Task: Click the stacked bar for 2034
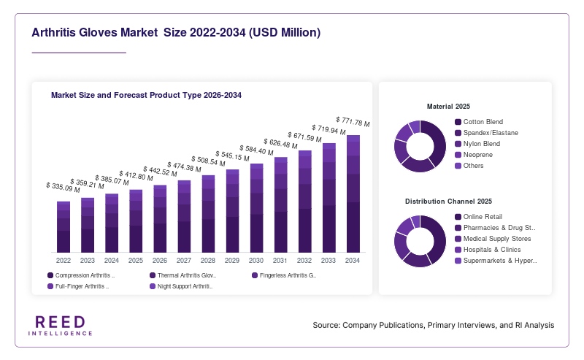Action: point(353,194)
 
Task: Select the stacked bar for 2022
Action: point(64,227)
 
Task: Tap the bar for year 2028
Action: point(208,214)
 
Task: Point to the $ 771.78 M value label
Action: point(353,122)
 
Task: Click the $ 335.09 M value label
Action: point(63,188)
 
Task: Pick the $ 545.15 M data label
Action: point(232,156)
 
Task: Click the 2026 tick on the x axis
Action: point(160,261)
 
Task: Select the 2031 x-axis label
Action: point(280,261)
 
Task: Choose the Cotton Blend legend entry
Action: point(479,122)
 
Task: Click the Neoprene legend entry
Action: point(474,155)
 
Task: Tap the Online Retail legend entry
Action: point(479,217)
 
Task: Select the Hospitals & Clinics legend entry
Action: point(488,250)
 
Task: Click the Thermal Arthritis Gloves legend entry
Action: point(183,275)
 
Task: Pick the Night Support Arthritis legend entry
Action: point(181,286)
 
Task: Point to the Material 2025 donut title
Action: point(448,107)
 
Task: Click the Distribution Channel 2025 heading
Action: point(448,202)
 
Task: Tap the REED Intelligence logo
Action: point(61,326)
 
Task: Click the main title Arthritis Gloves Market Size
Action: point(176,32)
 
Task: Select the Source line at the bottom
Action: point(434,326)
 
